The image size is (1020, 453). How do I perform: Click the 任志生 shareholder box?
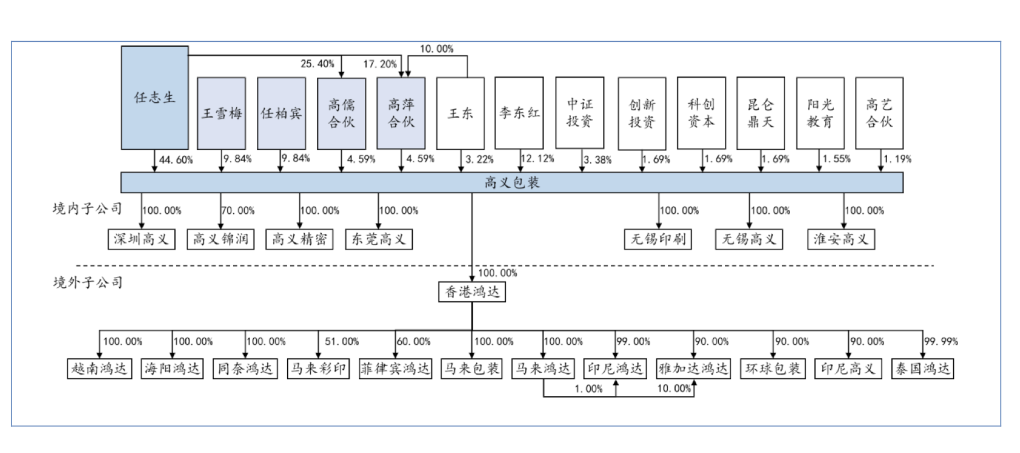click(155, 98)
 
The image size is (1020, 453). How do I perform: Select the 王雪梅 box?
click(222, 114)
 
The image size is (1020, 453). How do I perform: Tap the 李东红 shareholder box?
click(519, 113)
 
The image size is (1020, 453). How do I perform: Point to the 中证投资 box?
click(580, 113)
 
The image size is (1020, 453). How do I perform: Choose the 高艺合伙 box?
click(879, 113)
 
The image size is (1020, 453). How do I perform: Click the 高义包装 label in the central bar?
click(512, 183)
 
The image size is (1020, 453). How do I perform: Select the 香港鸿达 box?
click(472, 292)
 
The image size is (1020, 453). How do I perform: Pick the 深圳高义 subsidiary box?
click(141, 239)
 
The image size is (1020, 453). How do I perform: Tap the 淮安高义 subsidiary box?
click(841, 239)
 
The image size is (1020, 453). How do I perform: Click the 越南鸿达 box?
click(99, 369)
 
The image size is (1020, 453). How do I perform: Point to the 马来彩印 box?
click(318, 369)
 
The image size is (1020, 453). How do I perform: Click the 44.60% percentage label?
click(176, 160)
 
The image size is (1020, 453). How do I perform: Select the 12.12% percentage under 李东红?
click(537, 159)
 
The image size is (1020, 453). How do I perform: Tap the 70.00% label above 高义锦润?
click(238, 211)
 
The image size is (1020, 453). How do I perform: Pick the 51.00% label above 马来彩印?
click(342, 342)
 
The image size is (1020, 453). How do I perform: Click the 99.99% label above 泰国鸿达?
click(941, 342)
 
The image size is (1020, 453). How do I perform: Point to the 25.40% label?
click(317, 64)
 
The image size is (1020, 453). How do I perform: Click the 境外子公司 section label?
click(88, 282)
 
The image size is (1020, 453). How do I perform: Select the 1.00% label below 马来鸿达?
click(588, 389)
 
